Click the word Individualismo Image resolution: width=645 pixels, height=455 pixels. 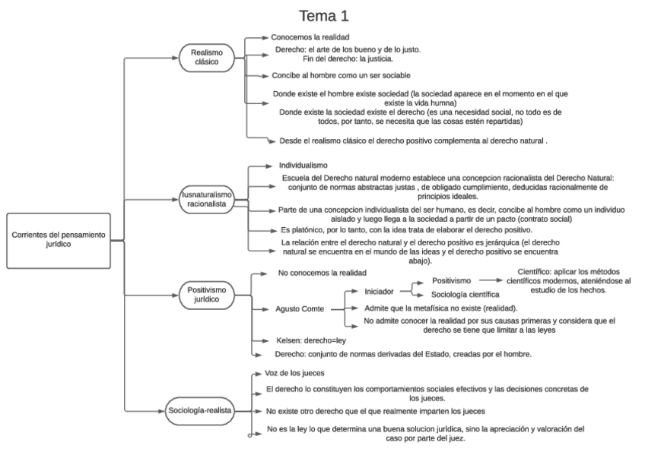[303, 164]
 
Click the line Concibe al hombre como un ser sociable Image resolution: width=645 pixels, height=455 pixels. [342, 76]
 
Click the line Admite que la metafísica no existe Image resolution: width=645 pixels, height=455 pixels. [440, 308]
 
